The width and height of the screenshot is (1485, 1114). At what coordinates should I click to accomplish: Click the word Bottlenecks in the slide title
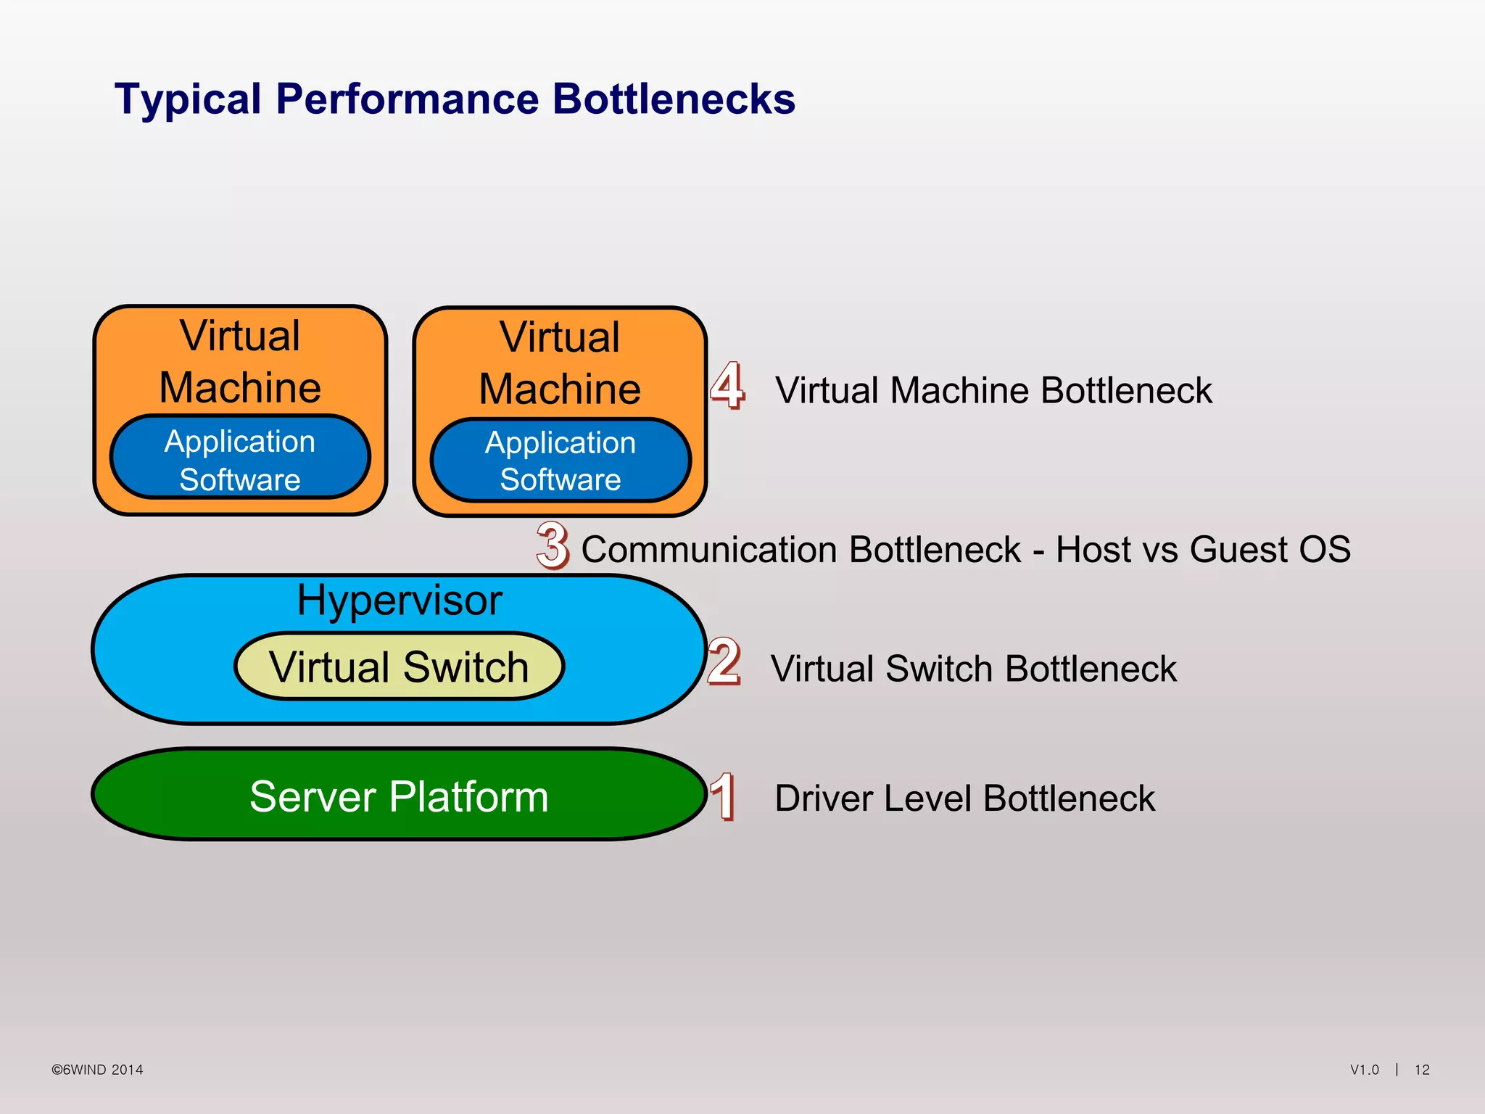tap(674, 99)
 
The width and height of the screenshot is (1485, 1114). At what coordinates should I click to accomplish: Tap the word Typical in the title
tap(188, 99)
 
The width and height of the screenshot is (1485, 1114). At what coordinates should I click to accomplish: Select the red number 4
tap(727, 385)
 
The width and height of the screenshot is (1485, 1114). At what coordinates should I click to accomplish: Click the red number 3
tap(553, 545)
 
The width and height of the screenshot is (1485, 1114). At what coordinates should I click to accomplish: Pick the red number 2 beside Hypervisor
tap(724, 661)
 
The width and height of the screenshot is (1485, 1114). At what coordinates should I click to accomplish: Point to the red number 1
tap(724, 796)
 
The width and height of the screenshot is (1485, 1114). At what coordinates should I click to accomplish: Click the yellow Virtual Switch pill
tap(399, 667)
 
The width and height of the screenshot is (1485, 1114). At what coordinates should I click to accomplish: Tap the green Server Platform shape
tap(399, 796)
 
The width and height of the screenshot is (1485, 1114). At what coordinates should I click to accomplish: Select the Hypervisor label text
tap(399, 601)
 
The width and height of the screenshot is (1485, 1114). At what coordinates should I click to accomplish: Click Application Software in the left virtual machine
tap(240, 460)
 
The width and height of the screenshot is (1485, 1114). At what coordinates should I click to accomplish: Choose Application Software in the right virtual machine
tap(561, 461)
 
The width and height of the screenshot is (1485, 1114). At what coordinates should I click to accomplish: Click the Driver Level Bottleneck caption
tap(964, 798)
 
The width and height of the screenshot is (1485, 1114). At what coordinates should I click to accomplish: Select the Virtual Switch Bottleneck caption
tap(973, 668)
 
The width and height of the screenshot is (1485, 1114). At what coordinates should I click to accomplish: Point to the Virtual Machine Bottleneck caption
tap(993, 390)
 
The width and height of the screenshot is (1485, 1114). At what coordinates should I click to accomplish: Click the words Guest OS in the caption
tap(1270, 549)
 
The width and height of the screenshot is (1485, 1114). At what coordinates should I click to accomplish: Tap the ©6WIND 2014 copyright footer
tap(97, 1070)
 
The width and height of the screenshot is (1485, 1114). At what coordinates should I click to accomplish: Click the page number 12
tap(1422, 1070)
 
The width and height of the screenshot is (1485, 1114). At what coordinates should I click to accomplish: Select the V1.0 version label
tap(1364, 1070)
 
